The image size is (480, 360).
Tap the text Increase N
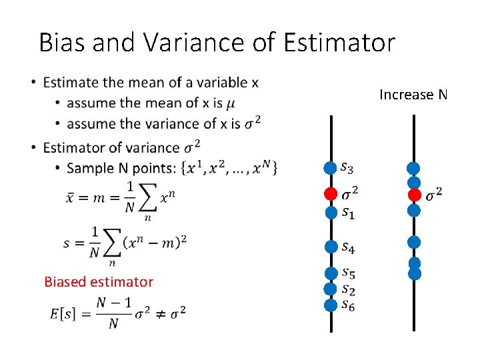click(413, 95)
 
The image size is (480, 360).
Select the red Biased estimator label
click(99, 282)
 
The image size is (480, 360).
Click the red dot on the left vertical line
click(331, 194)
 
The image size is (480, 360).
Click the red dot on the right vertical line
click(414, 195)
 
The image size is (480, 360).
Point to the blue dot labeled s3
click(331, 168)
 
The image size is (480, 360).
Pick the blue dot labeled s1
click(331, 213)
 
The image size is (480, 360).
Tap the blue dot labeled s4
click(331, 247)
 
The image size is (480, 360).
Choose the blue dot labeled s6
click(331, 305)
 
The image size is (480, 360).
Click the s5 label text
click(347, 273)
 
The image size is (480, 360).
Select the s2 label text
click(347, 289)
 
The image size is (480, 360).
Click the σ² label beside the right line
click(434, 194)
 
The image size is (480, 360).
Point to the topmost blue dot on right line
click(414, 169)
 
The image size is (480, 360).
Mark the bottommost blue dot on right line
click(414, 273)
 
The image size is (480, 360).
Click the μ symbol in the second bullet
click(231, 103)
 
